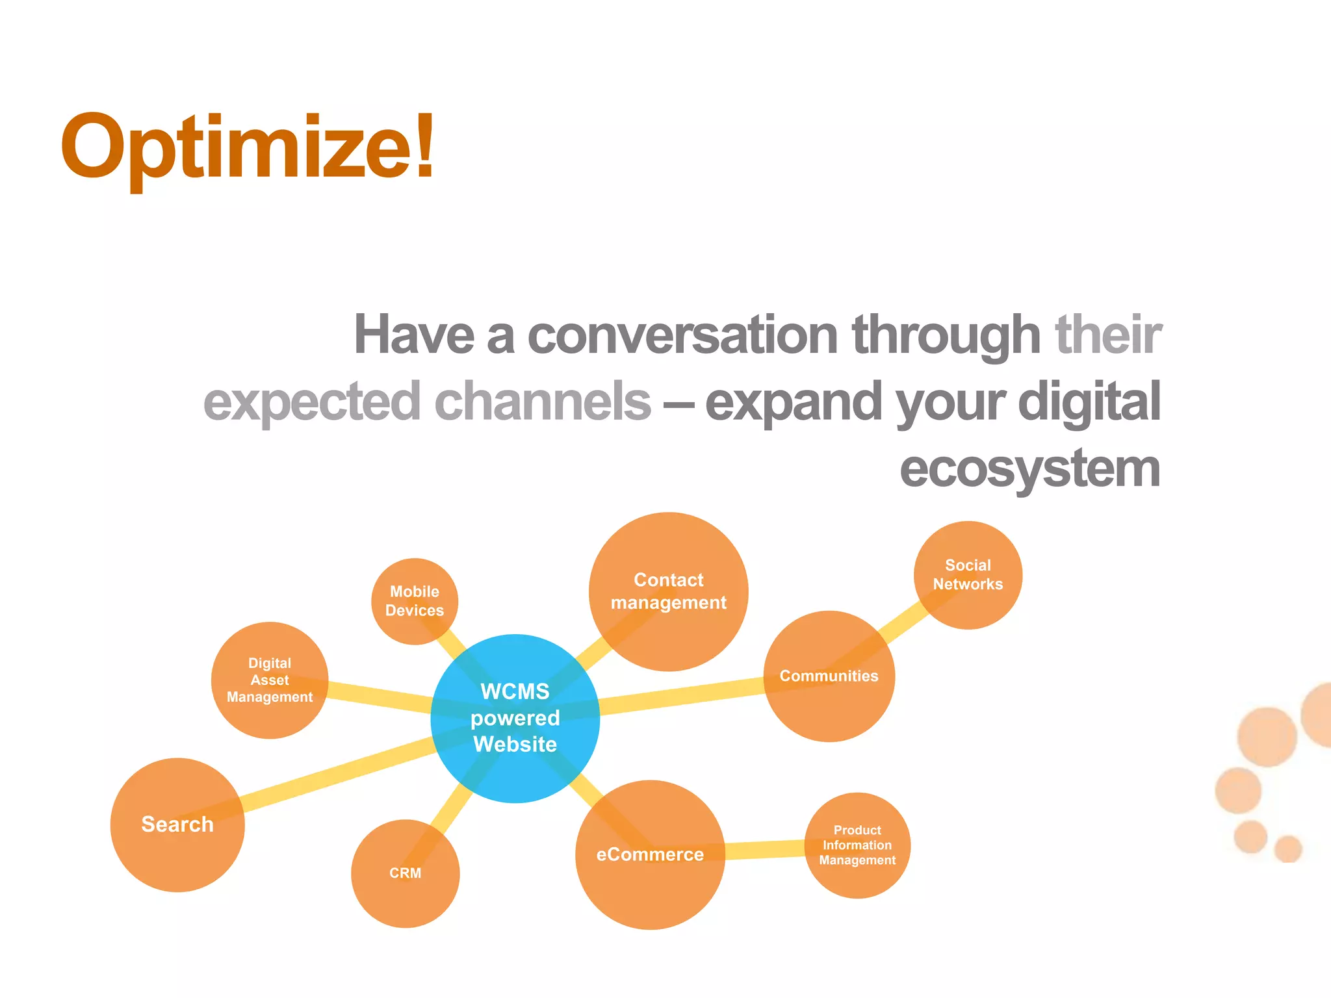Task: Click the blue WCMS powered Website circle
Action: [x=515, y=718]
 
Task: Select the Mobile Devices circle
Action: [x=415, y=601]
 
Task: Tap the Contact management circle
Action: [x=668, y=591]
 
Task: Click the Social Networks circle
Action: [x=968, y=574]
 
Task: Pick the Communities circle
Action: [x=829, y=676]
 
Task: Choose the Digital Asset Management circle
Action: [x=270, y=680]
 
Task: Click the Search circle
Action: [x=177, y=824]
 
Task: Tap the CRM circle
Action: [x=405, y=873]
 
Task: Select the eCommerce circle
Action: [x=650, y=854]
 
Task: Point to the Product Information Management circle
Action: [x=857, y=845]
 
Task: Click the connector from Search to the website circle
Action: [x=338, y=777]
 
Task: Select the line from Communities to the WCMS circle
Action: [x=679, y=697]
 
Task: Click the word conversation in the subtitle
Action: [x=682, y=335]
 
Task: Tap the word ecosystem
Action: [x=1029, y=469]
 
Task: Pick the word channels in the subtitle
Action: [x=542, y=402]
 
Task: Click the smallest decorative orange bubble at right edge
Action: [x=1287, y=849]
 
